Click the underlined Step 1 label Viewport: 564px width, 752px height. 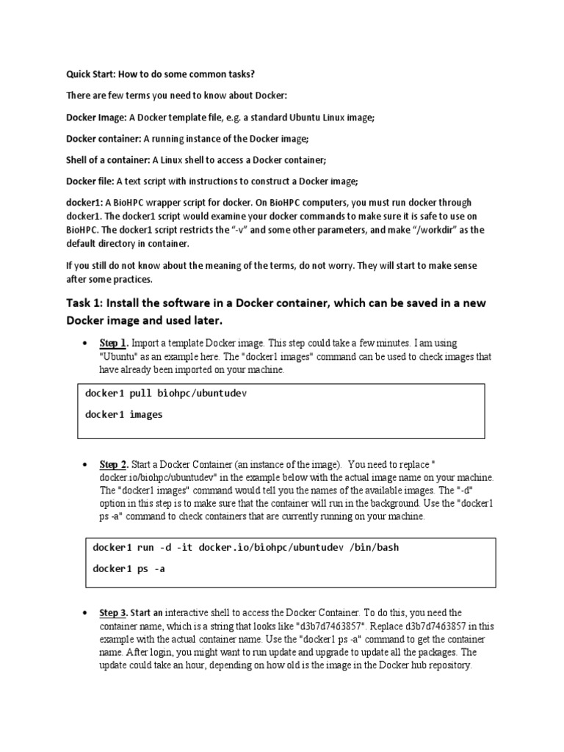[115, 344]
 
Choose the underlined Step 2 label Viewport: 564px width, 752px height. [115, 464]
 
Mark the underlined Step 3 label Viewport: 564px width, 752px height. [115, 612]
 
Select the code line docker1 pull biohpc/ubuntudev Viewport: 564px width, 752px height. [167, 394]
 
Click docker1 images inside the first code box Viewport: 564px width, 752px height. [124, 414]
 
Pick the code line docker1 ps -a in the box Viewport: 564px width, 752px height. [129, 568]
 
